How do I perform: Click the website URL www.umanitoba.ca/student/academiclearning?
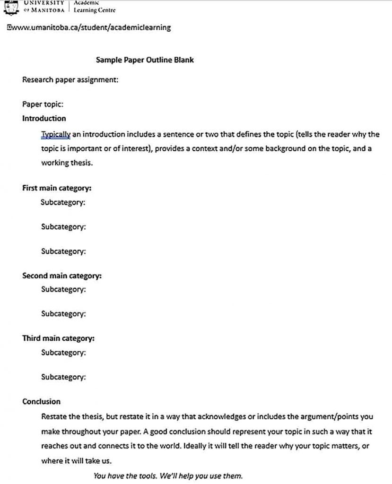point(90,27)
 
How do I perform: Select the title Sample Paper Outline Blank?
point(145,60)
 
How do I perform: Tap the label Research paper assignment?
point(70,79)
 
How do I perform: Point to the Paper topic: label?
point(43,104)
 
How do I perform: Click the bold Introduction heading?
point(44,119)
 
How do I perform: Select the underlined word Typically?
point(55,134)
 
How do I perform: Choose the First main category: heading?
point(57,188)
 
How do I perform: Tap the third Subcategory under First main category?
point(63,251)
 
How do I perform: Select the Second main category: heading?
point(62,276)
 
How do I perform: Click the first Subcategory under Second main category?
point(63,289)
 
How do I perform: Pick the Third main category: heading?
point(59,338)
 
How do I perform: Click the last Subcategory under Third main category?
point(63,377)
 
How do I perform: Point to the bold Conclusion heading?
point(42,402)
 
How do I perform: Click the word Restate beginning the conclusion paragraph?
point(53,416)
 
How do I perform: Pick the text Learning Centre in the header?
point(94,10)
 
